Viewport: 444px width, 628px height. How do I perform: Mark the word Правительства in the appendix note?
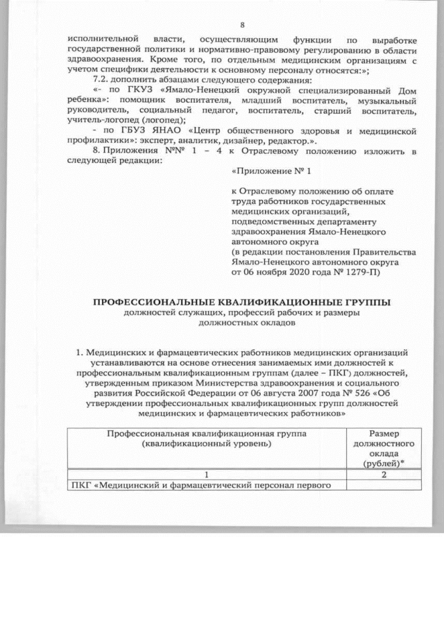(x=385, y=252)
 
